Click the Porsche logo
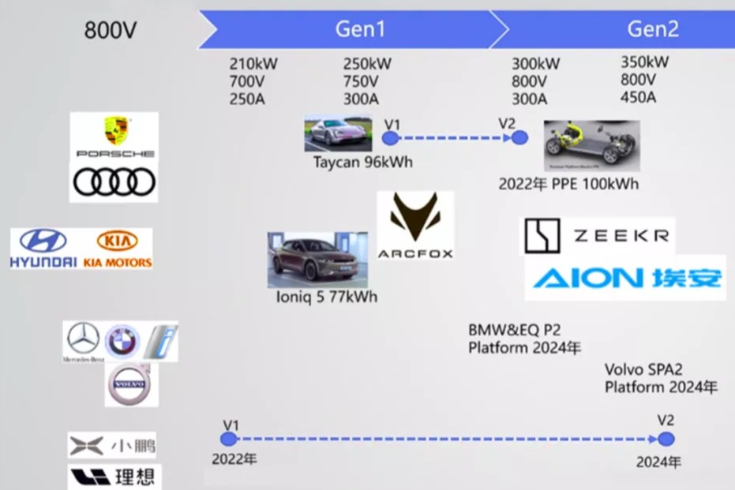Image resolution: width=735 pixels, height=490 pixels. (x=115, y=136)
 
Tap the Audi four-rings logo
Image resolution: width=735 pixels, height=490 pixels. (x=114, y=182)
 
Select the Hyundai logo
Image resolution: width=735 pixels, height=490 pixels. (x=43, y=248)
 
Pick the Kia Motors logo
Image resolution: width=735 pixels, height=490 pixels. (x=118, y=248)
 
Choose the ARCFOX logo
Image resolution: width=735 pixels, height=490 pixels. (x=414, y=226)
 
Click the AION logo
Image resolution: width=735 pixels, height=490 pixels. (x=624, y=278)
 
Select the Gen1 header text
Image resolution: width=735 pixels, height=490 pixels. (x=360, y=29)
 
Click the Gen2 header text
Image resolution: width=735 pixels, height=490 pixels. (x=653, y=29)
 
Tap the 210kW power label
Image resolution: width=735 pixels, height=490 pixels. (x=253, y=64)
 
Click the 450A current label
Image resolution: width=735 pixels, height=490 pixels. (x=638, y=97)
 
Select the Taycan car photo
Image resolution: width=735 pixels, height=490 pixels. (x=338, y=134)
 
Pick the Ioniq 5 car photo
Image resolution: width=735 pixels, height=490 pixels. (x=317, y=260)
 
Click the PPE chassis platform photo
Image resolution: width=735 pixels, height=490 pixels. (x=591, y=145)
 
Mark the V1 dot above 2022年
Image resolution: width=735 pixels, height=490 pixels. (x=229, y=439)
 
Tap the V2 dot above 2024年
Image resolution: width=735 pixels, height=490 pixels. (x=666, y=439)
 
